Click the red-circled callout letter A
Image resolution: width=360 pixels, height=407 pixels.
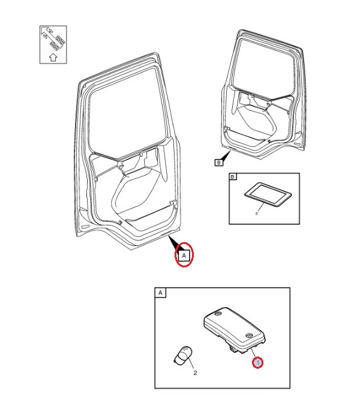coord(184,255)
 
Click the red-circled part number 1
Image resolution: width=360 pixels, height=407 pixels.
coord(257,363)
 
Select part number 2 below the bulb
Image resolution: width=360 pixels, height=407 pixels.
coord(195,373)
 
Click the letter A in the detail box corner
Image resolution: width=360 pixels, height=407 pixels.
coord(160,293)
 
